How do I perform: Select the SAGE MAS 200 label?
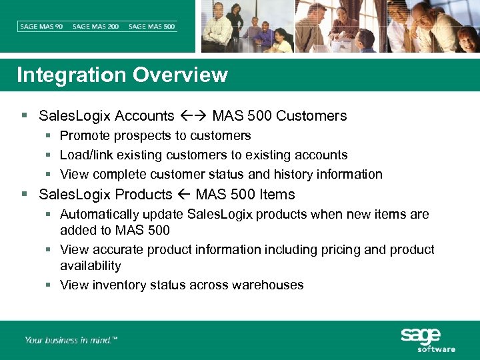[x=96, y=27]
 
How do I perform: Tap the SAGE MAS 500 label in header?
[x=152, y=27]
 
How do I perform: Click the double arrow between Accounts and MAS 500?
[x=193, y=116]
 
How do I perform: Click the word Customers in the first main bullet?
[x=311, y=116]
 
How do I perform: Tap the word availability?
[x=91, y=266]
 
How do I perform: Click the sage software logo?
[x=427, y=339]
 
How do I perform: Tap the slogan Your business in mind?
[x=71, y=340]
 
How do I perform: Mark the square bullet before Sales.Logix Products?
[x=25, y=195]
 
